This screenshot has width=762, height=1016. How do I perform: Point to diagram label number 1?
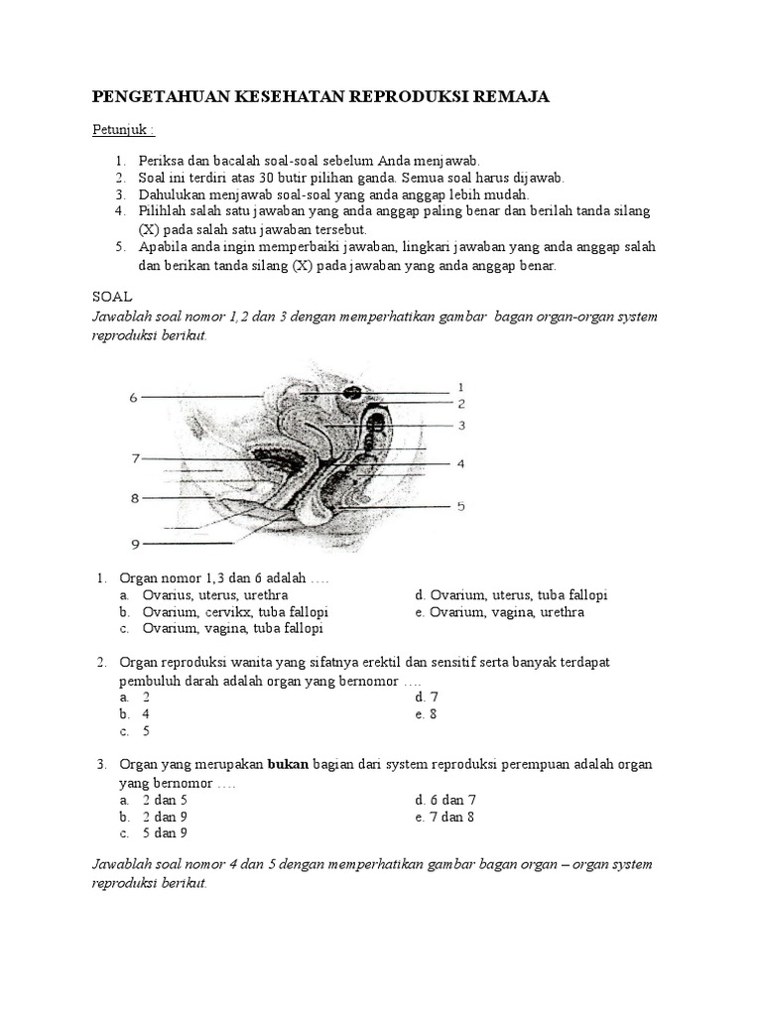click(x=460, y=386)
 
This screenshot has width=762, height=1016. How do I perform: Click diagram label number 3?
click(x=460, y=425)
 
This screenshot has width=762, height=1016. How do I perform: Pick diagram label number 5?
click(x=460, y=506)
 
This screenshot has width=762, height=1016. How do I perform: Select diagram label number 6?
click(x=133, y=398)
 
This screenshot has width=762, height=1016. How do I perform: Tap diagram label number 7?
click(x=136, y=458)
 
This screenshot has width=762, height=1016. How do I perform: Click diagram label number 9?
click(x=136, y=543)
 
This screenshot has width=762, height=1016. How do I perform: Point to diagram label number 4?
click(x=460, y=463)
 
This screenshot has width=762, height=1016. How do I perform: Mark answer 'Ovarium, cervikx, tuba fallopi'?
click(x=235, y=612)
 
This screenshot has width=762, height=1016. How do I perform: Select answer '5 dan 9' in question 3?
click(x=165, y=832)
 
